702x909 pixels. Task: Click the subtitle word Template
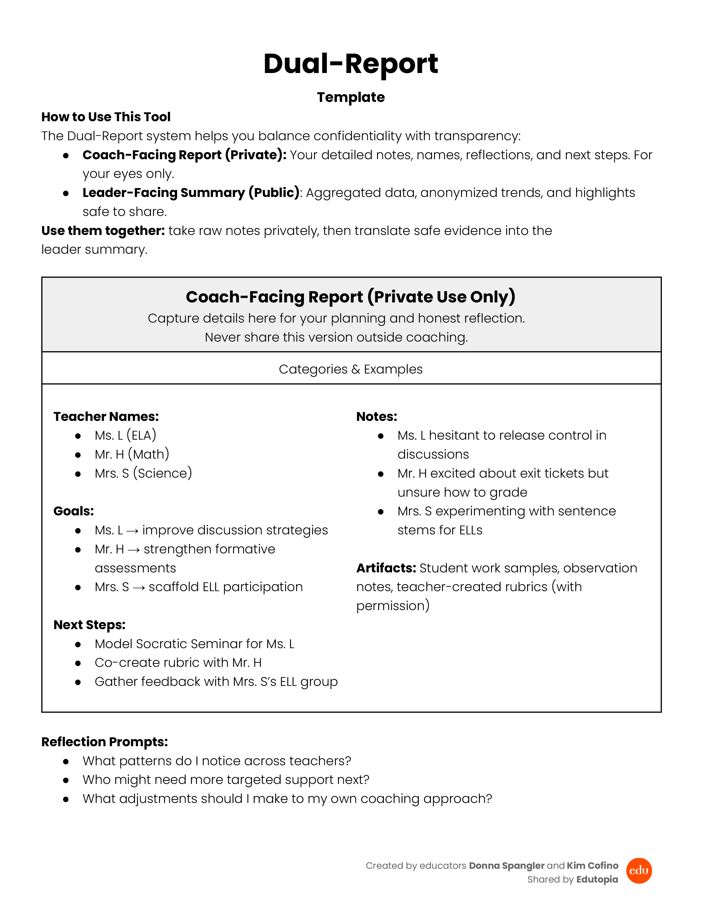tap(350, 97)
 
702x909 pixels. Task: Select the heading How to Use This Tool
tap(106, 117)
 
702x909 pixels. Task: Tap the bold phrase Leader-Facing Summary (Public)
tap(191, 193)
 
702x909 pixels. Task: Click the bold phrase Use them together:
tap(103, 231)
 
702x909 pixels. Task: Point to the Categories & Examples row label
tap(350, 369)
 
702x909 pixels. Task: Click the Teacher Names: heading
tap(106, 416)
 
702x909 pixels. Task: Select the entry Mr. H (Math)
tap(132, 454)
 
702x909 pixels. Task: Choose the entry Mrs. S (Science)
tap(143, 473)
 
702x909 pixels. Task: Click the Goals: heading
tap(74, 511)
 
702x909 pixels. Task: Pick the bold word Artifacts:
tap(386, 568)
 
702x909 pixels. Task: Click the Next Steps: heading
tap(89, 625)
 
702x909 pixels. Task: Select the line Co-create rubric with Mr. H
tap(178, 662)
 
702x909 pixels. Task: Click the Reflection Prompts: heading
tap(104, 742)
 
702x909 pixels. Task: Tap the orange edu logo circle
tap(639, 871)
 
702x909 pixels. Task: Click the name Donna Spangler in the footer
tap(507, 866)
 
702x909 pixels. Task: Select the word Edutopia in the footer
tap(597, 880)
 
